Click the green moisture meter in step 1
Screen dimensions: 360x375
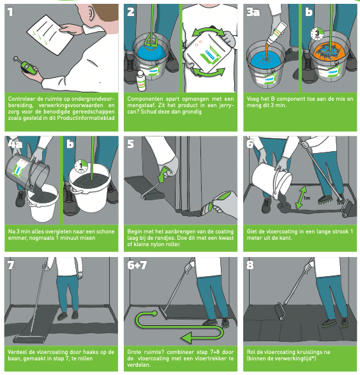point(28,66)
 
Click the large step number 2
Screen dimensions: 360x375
point(131,11)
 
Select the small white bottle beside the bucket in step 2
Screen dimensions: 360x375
point(140,82)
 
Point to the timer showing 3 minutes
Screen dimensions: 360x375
point(317,34)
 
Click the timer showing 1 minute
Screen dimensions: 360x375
point(81,166)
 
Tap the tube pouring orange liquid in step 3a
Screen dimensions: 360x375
point(276,33)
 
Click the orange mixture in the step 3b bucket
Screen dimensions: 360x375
point(329,52)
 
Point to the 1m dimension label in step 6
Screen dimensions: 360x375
point(306,198)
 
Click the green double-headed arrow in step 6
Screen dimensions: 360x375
point(301,198)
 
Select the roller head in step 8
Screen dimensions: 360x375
point(280,311)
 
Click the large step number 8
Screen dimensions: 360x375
point(250,265)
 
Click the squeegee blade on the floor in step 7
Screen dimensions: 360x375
point(29,339)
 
